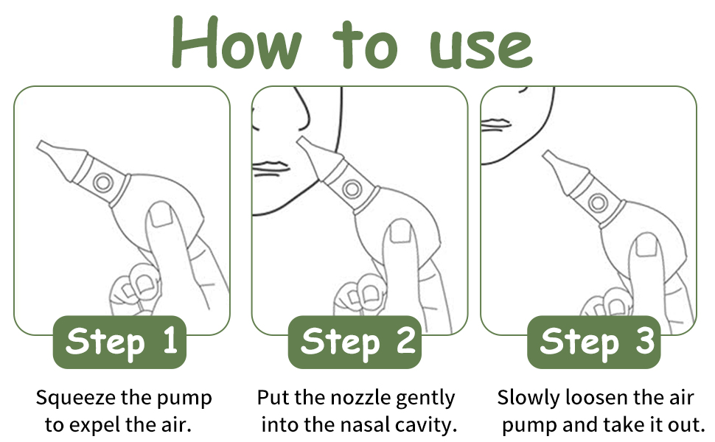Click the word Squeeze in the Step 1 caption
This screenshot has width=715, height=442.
click(76, 399)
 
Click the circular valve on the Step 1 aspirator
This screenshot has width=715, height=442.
click(102, 181)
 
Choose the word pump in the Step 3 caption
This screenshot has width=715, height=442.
click(528, 424)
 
